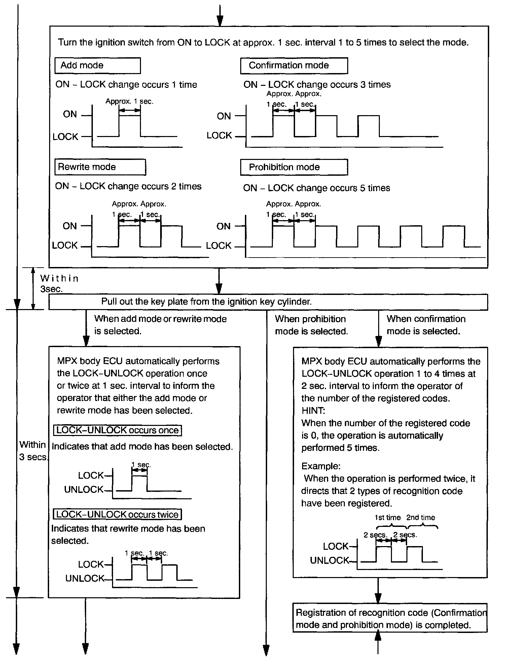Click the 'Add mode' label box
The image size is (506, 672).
point(97,66)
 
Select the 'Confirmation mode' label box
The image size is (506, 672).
point(294,66)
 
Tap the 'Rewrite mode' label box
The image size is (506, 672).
point(100,167)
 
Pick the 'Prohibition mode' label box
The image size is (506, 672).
point(294,167)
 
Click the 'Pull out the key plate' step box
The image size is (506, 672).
point(268,302)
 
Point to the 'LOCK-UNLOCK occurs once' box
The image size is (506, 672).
point(117,430)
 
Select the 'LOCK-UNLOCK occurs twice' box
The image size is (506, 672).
point(117,514)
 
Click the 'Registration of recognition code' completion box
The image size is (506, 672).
point(390,619)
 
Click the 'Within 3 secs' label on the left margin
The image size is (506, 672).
point(33,451)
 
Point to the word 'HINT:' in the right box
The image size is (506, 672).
point(313,411)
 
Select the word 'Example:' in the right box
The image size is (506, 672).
point(321,466)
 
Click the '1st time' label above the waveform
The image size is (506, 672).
point(387,517)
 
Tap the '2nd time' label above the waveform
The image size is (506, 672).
point(421,517)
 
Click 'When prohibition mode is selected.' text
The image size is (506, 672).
point(311,325)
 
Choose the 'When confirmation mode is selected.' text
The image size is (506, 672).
point(426,325)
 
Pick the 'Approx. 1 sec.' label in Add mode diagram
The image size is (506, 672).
point(129,101)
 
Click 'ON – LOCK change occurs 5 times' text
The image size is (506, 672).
point(316,188)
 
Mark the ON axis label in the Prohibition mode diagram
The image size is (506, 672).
point(223,226)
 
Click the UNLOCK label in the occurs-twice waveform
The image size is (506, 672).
point(85,578)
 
